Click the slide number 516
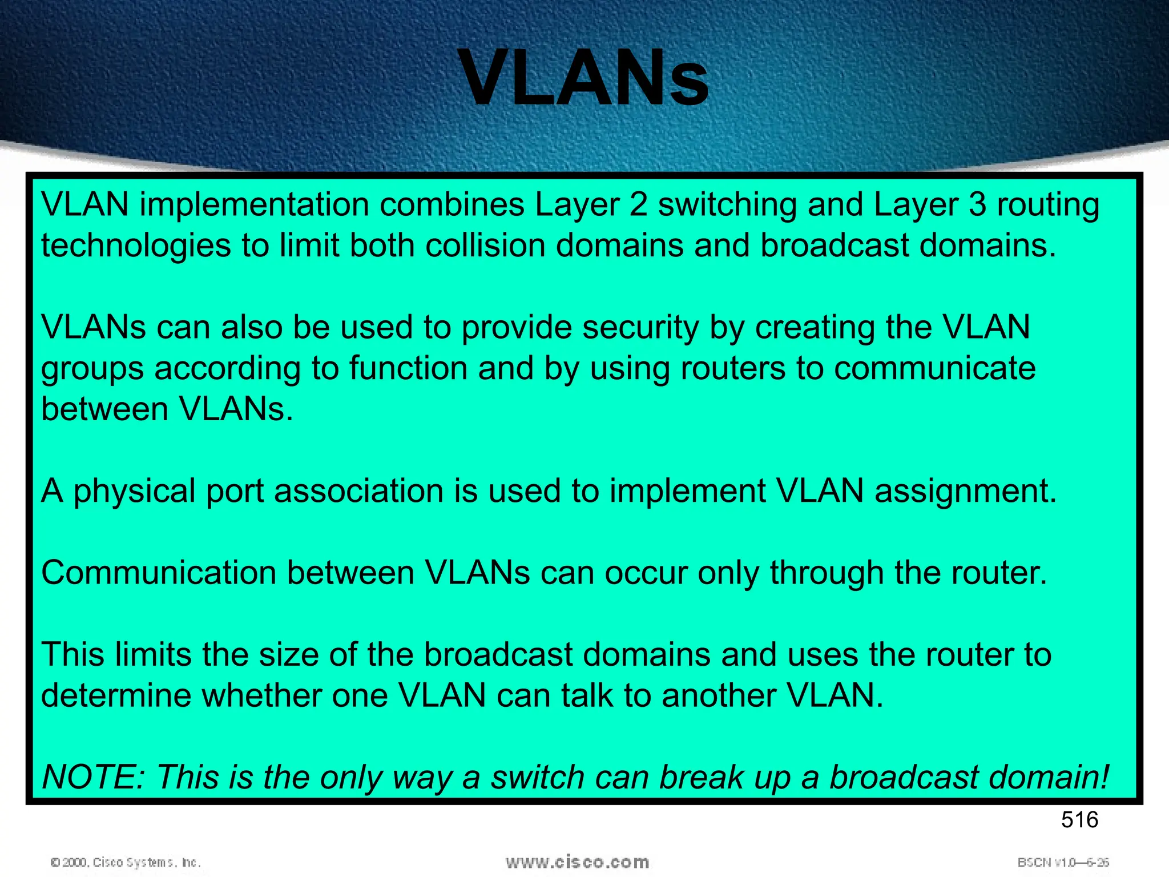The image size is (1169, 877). [1079, 820]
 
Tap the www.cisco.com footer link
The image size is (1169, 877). [577, 862]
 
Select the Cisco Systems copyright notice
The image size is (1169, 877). [126, 862]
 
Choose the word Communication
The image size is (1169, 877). [159, 573]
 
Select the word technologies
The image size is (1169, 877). [136, 247]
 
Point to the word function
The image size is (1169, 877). [409, 368]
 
